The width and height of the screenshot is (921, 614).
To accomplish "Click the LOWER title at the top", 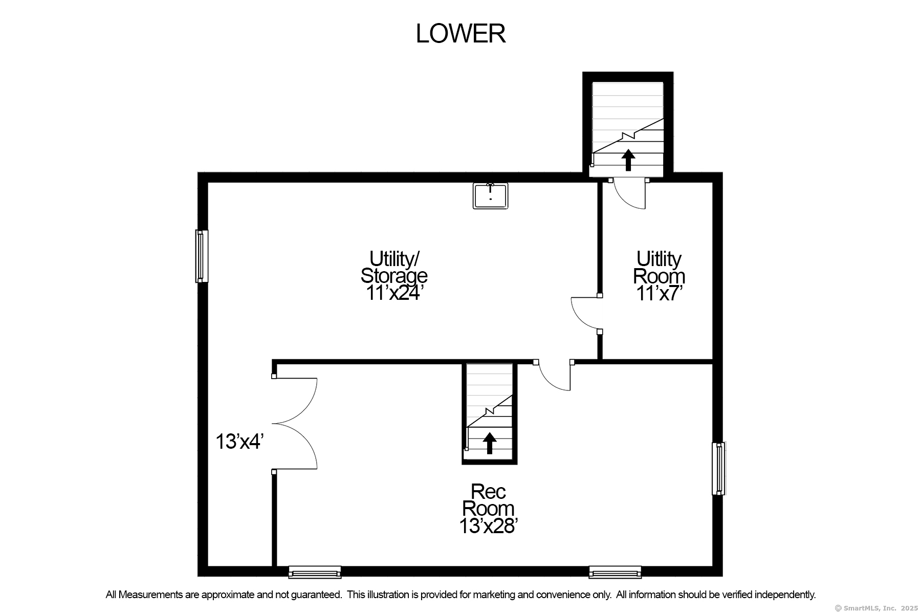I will tap(461, 34).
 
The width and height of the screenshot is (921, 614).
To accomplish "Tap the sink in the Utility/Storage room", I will tap(490, 196).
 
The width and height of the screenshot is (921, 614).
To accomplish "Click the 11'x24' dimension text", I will tap(394, 293).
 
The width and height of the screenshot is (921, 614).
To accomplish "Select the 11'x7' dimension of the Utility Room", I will tap(659, 293).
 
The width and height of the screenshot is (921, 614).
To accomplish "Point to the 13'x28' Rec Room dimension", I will tap(489, 525).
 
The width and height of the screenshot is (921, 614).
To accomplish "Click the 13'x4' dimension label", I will tap(239, 442).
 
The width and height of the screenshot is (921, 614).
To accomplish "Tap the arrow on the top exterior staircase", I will tap(628, 160).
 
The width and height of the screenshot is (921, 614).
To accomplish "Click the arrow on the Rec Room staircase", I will tap(490, 443).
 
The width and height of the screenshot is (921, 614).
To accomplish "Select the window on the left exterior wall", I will tap(202, 256).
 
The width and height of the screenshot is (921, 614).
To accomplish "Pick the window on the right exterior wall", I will tap(719, 469).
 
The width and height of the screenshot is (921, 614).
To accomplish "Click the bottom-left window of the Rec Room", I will tap(315, 572).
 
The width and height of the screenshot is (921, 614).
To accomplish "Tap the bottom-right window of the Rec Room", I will tap(615, 572).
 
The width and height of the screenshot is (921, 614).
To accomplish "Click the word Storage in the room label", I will tap(394, 276).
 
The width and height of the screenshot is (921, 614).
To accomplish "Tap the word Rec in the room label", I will tap(489, 492).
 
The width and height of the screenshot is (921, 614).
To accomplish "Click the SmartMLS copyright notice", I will tap(876, 608).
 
